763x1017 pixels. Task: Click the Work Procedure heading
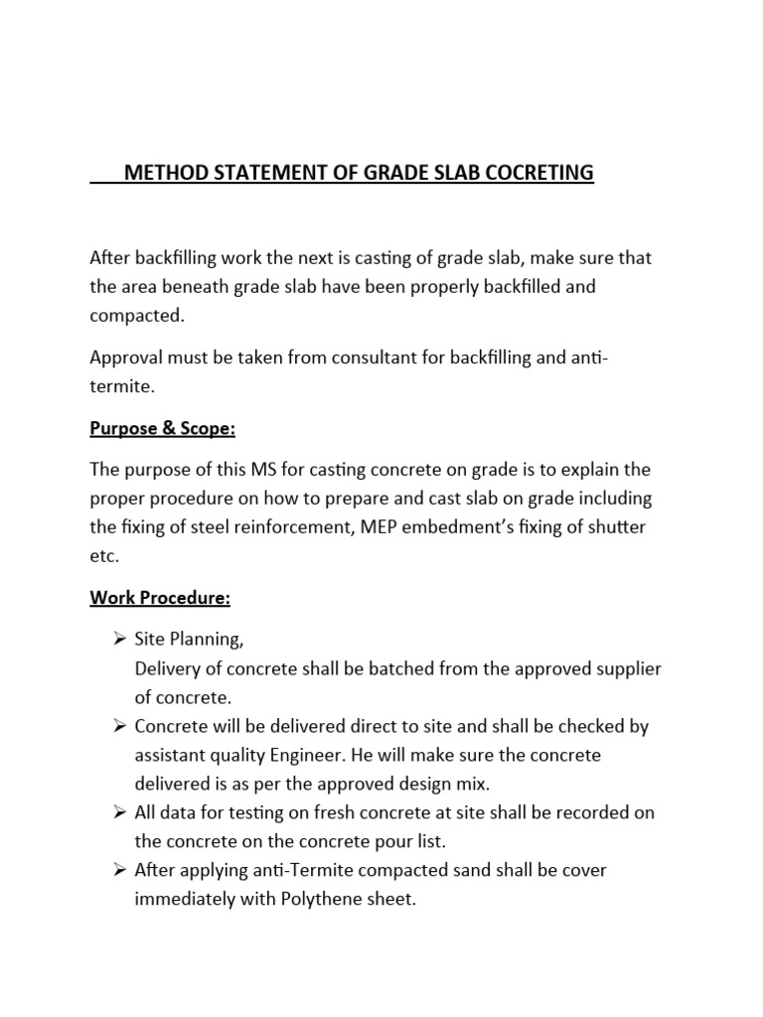[160, 599]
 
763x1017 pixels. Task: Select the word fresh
[308, 813]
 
